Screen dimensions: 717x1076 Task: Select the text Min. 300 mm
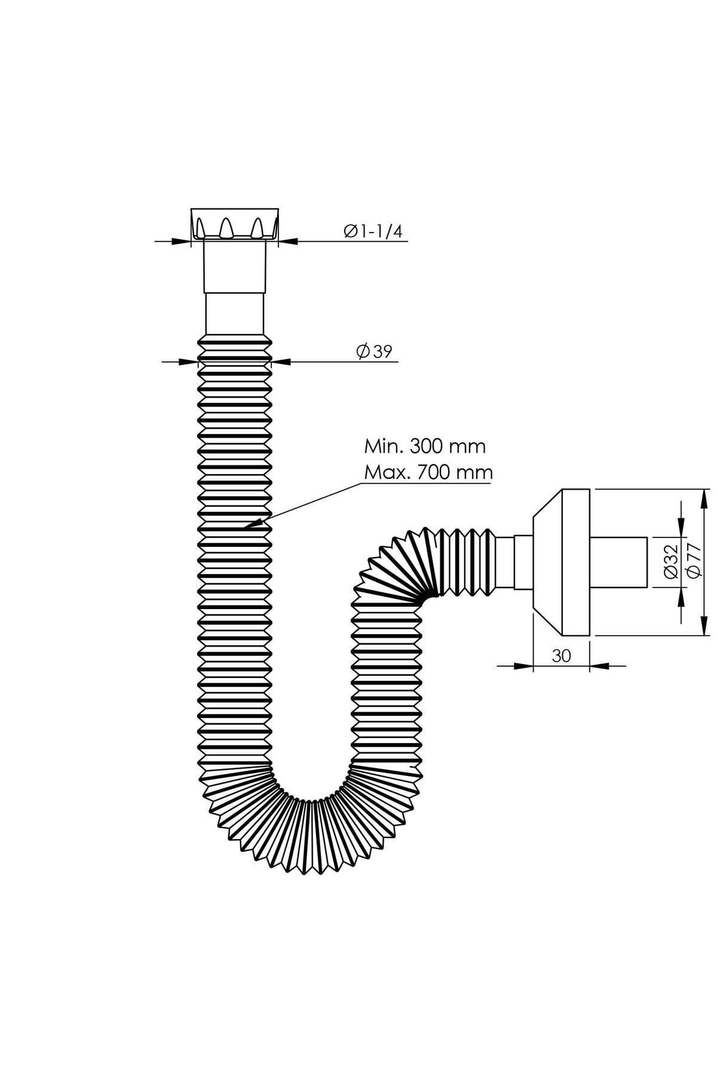tap(425, 446)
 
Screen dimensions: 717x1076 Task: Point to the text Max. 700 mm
tap(428, 472)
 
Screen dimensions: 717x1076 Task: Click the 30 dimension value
tap(561, 656)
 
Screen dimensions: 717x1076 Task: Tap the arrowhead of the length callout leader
tap(252, 525)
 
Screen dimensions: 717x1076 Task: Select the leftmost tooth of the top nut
tap(200, 228)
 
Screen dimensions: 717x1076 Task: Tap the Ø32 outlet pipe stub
tap(618, 563)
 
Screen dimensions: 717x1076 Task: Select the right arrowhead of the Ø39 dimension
tap(281, 360)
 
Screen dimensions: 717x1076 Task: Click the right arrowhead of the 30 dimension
tap(600, 665)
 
